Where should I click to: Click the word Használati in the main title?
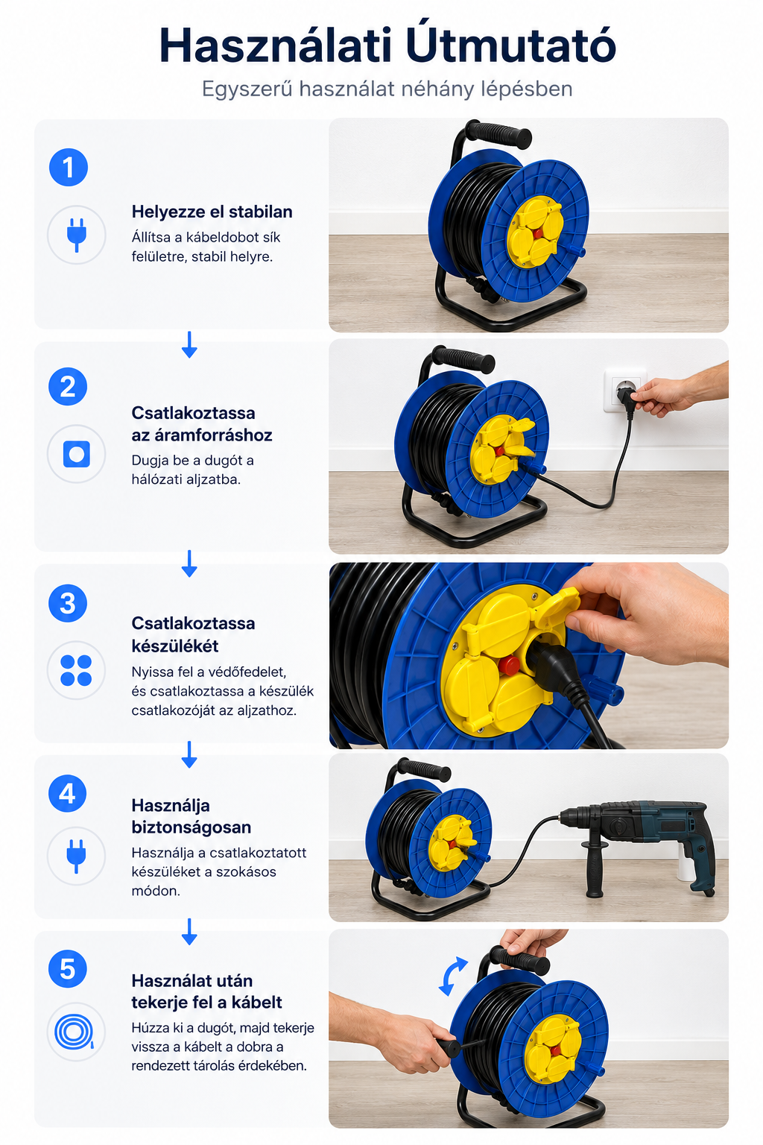275,45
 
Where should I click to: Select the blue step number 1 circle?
69,167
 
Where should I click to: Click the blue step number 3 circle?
68,603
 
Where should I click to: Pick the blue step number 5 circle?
68,969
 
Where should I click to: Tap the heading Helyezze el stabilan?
212,212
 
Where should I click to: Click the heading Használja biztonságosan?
191,816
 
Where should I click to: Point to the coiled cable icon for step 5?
75,1032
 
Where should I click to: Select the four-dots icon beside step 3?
76,670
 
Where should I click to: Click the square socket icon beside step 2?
77,454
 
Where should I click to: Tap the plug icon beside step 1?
77,235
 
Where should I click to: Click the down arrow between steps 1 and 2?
189,344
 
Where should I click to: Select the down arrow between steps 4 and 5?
189,932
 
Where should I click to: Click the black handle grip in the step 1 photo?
498,134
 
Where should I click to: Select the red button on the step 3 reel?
508,666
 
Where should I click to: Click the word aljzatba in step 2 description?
213,479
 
